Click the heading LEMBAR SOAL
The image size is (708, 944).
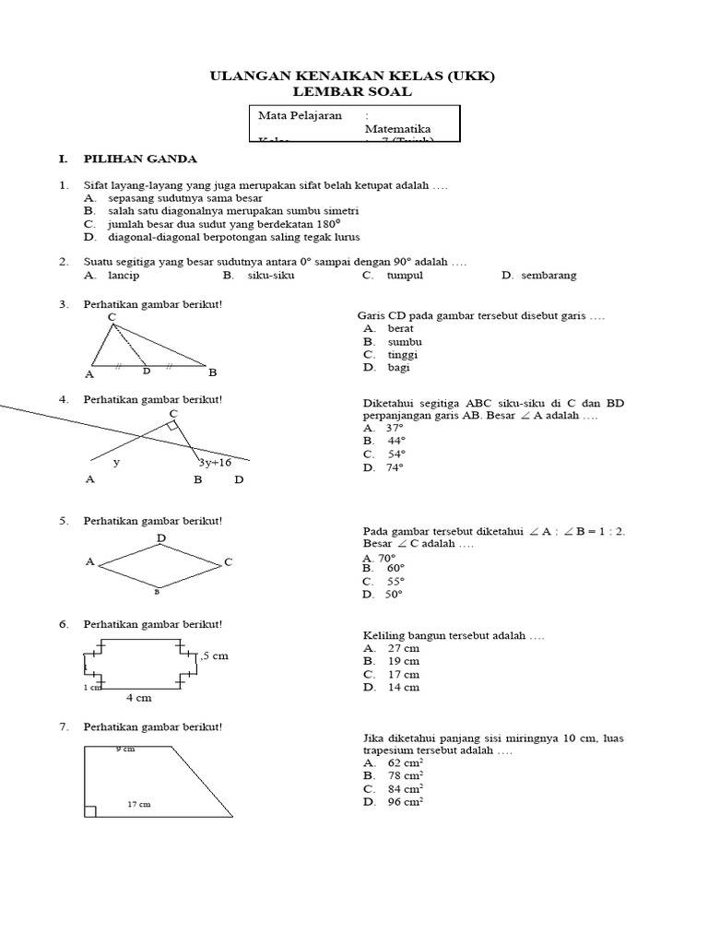[353, 91]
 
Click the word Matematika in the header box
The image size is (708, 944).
[398, 130]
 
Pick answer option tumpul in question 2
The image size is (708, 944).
[404, 275]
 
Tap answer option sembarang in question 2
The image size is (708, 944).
[549, 275]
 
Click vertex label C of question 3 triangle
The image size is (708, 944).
[112, 317]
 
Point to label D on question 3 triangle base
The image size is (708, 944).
[146, 372]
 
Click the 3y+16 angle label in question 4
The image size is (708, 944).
[214, 463]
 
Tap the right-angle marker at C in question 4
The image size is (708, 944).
[172, 427]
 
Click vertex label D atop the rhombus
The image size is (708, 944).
[161, 537]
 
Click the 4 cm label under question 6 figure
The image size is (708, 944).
[138, 698]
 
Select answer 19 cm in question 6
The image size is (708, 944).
[403, 661]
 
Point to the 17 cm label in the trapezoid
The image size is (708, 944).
[138, 805]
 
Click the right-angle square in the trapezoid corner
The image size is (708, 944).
[90, 811]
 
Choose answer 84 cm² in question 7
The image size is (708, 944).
[405, 789]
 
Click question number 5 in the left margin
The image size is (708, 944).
[65, 521]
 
